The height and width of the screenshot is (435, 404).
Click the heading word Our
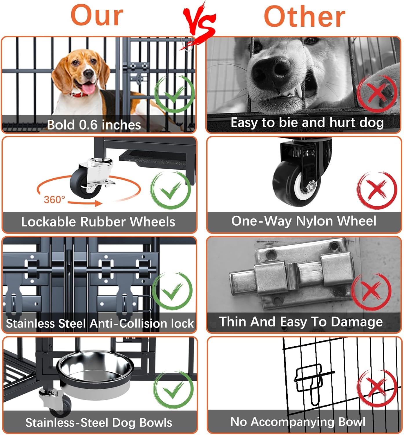coord(97,16)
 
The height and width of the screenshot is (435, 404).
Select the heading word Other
coord(304,17)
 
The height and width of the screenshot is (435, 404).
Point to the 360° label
coord(54,200)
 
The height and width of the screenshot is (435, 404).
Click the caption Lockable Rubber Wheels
coord(98,222)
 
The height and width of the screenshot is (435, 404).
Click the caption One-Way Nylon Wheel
coord(303,221)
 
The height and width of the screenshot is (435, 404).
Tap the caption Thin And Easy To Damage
coord(301,322)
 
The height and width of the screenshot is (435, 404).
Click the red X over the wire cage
coord(376,389)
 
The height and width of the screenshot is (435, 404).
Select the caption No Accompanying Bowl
coord(298,422)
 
